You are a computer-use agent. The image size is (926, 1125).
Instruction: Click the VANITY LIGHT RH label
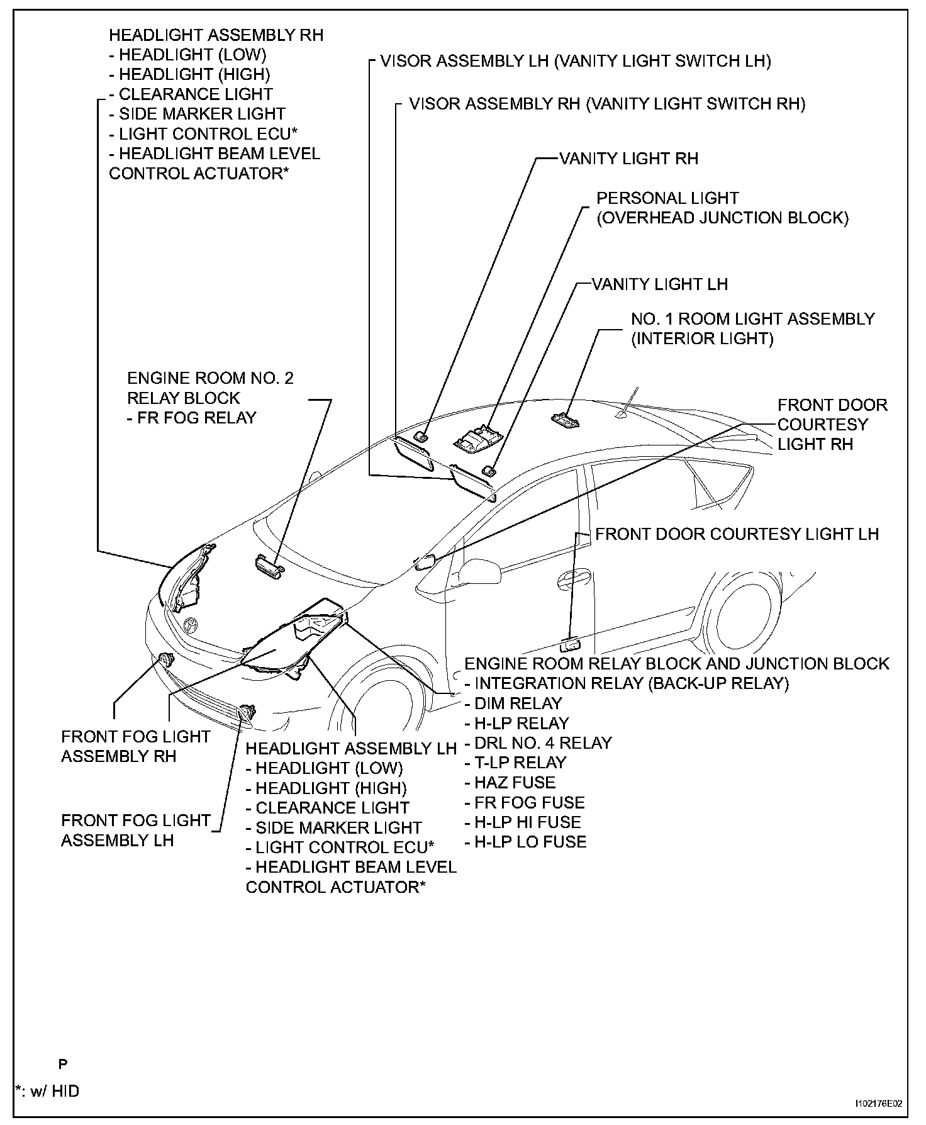628,159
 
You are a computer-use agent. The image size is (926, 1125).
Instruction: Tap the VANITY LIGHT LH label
659,284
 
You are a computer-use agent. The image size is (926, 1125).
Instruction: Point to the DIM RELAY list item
513,703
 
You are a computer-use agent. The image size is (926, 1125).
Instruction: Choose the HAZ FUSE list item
510,783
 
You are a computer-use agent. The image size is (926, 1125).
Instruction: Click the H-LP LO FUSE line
525,842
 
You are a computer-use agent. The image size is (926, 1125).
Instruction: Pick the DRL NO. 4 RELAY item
538,743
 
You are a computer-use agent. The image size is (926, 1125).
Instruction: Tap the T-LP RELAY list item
515,763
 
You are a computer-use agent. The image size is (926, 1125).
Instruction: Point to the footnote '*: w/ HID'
48,1091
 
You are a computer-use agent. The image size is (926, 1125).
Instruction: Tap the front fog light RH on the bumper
167,661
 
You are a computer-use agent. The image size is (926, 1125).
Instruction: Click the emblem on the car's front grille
190,625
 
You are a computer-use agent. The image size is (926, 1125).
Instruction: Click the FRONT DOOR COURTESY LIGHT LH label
737,534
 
